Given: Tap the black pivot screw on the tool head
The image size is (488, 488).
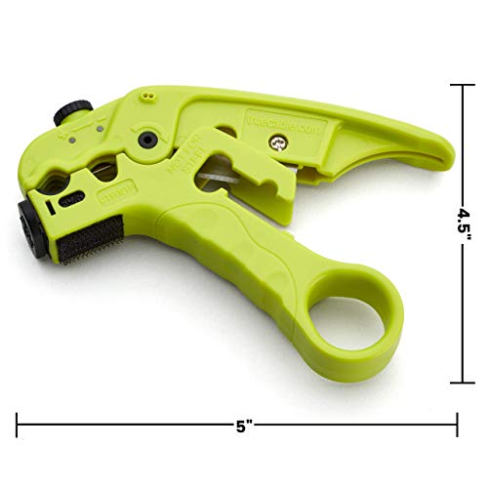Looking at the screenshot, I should click(x=147, y=140).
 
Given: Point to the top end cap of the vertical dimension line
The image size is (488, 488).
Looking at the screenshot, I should click(x=461, y=84).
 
